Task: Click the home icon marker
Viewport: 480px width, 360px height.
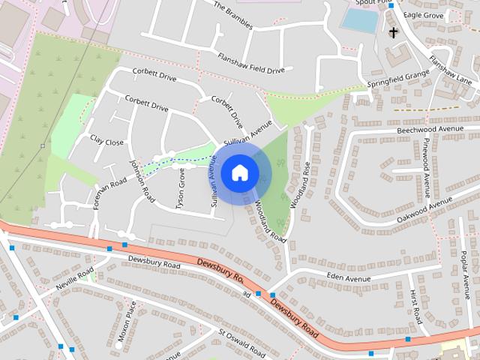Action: click(238, 172)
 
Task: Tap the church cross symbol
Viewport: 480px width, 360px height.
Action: click(392, 32)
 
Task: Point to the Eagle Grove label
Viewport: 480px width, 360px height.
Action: click(424, 14)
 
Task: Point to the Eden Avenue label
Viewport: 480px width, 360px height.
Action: click(349, 279)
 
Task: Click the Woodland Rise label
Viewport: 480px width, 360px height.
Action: click(306, 184)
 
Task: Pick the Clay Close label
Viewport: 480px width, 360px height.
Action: click(106, 141)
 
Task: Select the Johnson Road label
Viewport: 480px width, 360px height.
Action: click(141, 181)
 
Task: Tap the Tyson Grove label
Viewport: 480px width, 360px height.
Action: click(181, 188)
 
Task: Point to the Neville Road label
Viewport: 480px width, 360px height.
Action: click(75, 279)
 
